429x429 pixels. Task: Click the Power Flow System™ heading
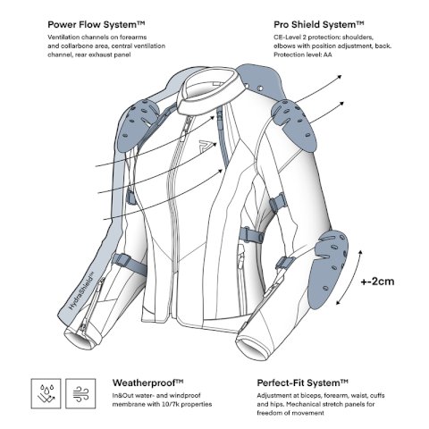tap(97, 24)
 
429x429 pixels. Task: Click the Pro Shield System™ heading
tap(319, 24)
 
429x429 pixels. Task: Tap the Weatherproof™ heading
tap(147, 383)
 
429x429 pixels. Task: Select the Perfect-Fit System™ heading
tap(302, 383)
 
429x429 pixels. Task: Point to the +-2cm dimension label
tap(377, 282)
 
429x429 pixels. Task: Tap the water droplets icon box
tap(46, 393)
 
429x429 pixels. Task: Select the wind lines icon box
tap(80, 393)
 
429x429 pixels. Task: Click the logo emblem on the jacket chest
tap(206, 145)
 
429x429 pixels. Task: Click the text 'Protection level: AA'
tap(303, 55)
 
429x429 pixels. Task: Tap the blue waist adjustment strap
tap(251, 234)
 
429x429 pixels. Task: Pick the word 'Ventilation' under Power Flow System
tap(63, 38)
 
